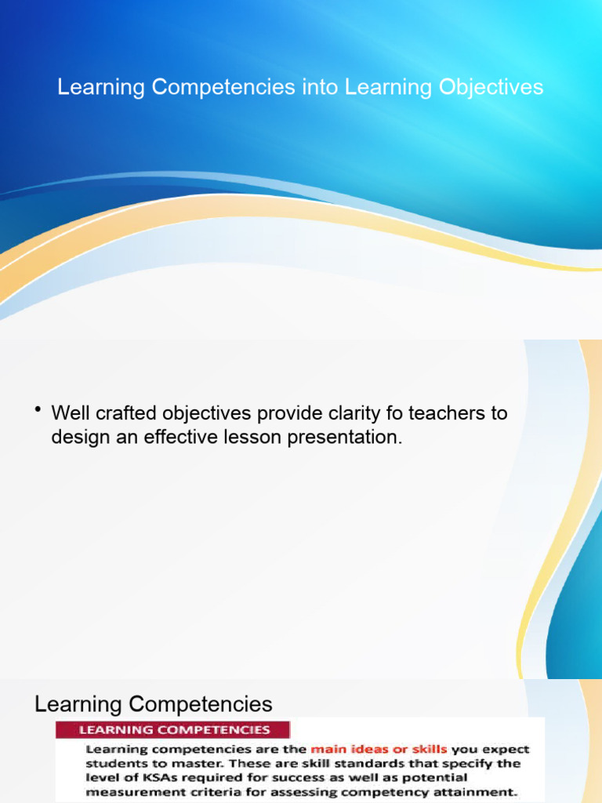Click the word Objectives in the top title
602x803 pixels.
[x=491, y=87]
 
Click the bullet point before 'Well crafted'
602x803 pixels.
[x=38, y=410]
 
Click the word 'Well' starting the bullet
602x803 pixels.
[x=68, y=412]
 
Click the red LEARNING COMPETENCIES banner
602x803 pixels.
[x=172, y=729]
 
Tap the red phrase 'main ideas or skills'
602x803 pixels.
[x=379, y=749]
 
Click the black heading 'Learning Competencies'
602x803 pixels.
[x=154, y=703]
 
